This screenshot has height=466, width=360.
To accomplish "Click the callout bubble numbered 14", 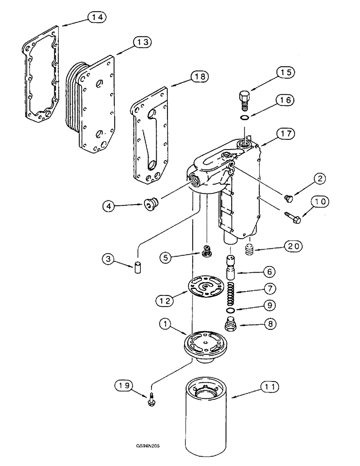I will pyautogui.click(x=97, y=17).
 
